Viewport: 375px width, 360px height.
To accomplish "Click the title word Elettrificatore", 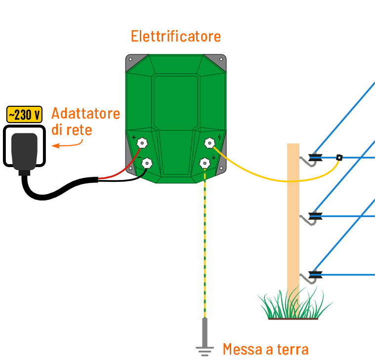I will pyautogui.click(x=175, y=36).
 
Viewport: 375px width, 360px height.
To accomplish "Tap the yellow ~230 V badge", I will pyautogui.click(x=24, y=115).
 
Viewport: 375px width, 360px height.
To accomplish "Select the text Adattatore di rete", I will pyautogui.click(x=85, y=122).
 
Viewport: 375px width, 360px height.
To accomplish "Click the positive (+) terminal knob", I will pyautogui.click(x=142, y=143).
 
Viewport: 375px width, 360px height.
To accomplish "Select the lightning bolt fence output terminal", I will pyautogui.click(x=209, y=143).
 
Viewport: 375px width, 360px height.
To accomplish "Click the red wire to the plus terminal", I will pyautogui.click(x=119, y=173).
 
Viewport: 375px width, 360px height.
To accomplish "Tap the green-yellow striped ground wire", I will pyautogui.click(x=205, y=247).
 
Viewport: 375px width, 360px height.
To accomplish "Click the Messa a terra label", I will pyautogui.click(x=265, y=349).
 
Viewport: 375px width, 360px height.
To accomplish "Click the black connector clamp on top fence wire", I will pyautogui.click(x=339, y=158).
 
